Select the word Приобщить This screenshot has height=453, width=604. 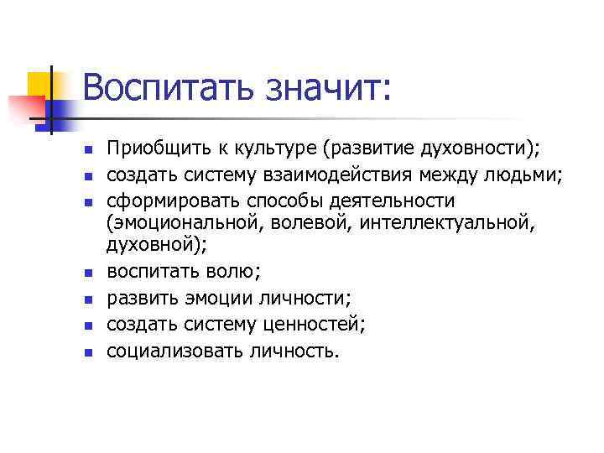pyautogui.click(x=152, y=149)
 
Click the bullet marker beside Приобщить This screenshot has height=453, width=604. pyautogui.click(x=86, y=150)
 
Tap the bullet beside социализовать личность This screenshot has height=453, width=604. pyautogui.click(x=86, y=350)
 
